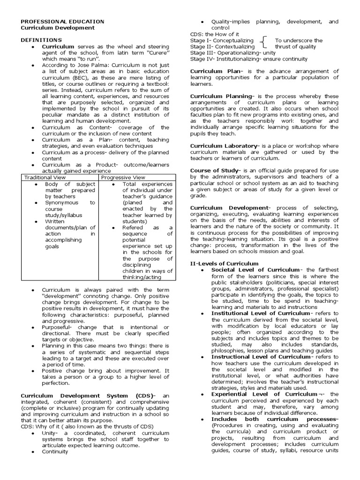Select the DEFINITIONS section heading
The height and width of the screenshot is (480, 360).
[41, 40]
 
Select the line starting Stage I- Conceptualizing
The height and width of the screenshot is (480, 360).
[222, 41]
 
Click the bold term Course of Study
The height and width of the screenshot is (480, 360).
[214, 171]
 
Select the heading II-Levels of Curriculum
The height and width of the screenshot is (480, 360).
[224, 263]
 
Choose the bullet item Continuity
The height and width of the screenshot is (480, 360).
[55, 452]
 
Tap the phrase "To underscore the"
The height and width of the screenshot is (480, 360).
[299, 41]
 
